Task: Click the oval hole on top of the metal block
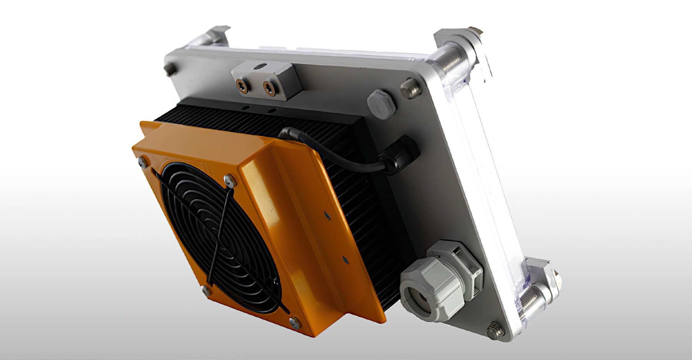[263, 67]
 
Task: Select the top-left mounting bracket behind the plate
[217, 37]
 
